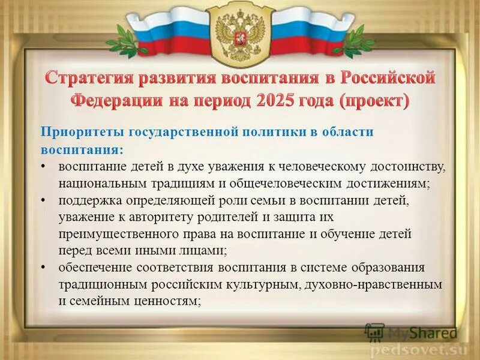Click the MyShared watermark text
pos(420,332)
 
